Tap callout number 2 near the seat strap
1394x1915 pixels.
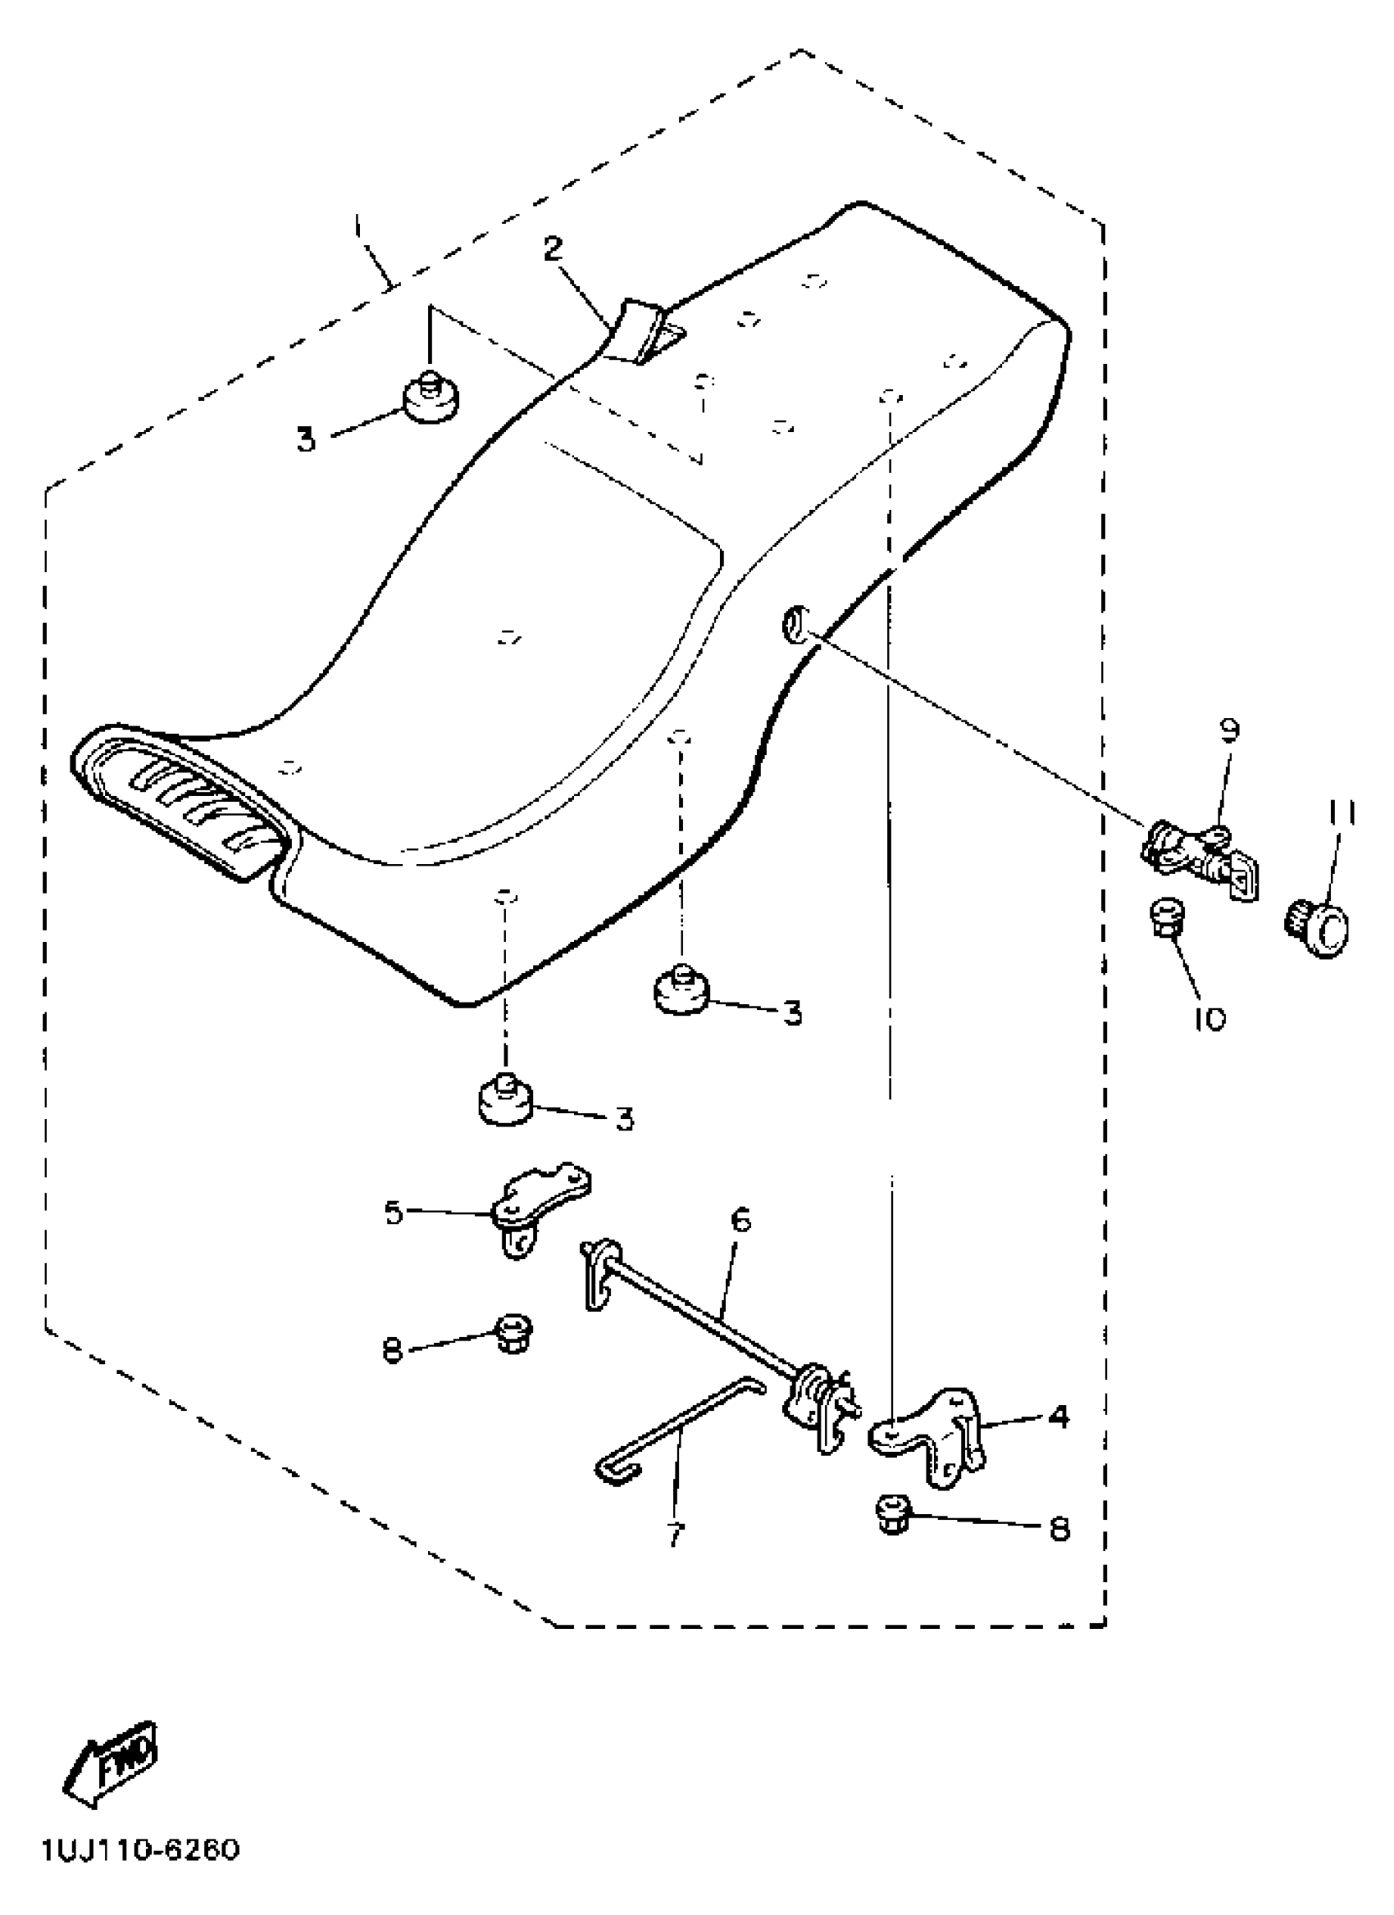552,250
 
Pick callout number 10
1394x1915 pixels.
1210,1020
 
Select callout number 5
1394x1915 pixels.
394,1213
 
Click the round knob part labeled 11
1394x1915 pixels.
1319,930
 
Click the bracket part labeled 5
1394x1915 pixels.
540,1203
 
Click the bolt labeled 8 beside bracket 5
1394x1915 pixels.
512,1333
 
